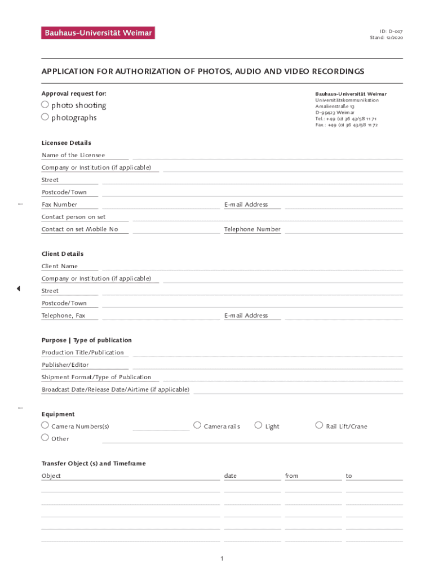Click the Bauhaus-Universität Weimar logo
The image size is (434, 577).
pos(98,33)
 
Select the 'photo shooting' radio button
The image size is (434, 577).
pos(45,105)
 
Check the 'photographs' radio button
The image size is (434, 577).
pos(45,117)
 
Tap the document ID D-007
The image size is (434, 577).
pos(391,31)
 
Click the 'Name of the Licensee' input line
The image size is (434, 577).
pos(268,156)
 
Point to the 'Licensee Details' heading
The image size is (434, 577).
pos(67,143)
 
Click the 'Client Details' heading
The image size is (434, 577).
pos(63,254)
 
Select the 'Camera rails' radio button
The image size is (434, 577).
pos(197,425)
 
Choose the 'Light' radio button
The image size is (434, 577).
pos(259,425)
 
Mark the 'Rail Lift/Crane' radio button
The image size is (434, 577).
pos(319,425)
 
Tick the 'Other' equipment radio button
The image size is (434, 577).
pos(45,438)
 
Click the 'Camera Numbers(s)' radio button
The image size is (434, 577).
pos(45,425)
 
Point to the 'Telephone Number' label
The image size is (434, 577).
pos(252,229)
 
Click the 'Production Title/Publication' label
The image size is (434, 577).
pos(83,353)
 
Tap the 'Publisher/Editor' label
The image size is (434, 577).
pos(65,365)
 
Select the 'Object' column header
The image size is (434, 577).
pos(51,476)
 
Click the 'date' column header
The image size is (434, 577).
pos(231,476)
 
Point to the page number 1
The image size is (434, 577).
pos(223,558)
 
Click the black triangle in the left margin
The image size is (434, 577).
pos(18,288)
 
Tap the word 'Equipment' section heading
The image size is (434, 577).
pos(58,414)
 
